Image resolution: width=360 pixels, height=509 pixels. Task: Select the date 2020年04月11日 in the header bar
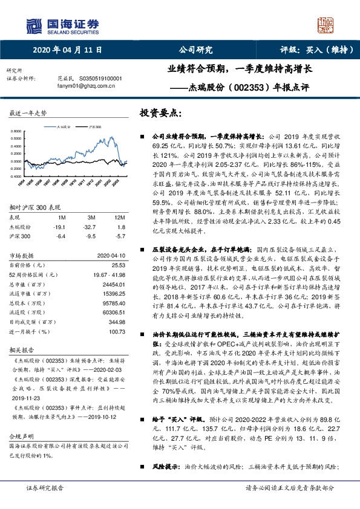(67, 50)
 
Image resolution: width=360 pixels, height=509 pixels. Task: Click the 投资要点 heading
(160, 113)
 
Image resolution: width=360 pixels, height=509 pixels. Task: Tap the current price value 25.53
(117, 265)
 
